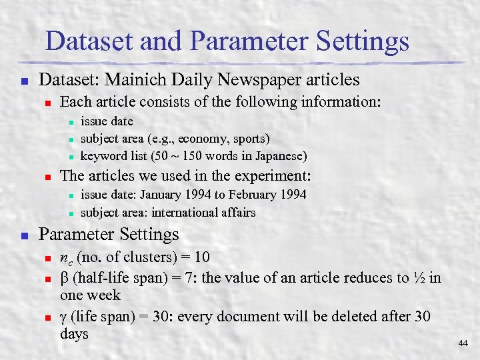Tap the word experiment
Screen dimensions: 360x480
pyautogui.click(x=275, y=177)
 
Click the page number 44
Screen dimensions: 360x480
pyautogui.click(x=463, y=343)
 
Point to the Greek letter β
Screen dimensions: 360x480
pyautogui.click(x=64, y=277)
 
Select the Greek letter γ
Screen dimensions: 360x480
pyautogui.click(x=64, y=316)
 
